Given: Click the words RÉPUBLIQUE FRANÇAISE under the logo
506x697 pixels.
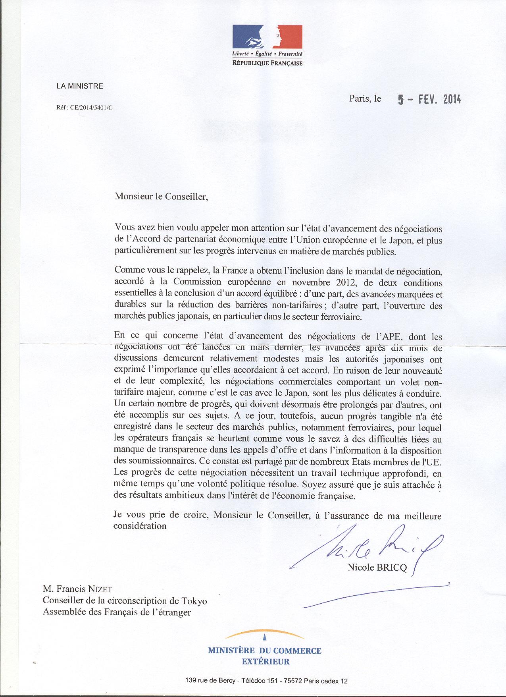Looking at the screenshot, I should (x=267, y=63).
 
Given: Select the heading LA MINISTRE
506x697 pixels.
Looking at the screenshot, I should (x=80, y=86).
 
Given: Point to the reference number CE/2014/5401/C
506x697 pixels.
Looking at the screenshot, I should (x=91, y=107).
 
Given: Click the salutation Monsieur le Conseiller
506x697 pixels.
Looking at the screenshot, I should (x=161, y=196).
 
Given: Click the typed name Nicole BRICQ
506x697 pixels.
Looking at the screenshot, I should (x=377, y=568).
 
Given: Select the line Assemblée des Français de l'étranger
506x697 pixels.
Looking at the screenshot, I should (x=117, y=612).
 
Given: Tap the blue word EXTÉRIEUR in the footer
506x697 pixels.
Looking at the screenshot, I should (x=266, y=661).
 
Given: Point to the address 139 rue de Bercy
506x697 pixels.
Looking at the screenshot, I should (x=210, y=681).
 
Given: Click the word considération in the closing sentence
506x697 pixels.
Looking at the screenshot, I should (x=140, y=526).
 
